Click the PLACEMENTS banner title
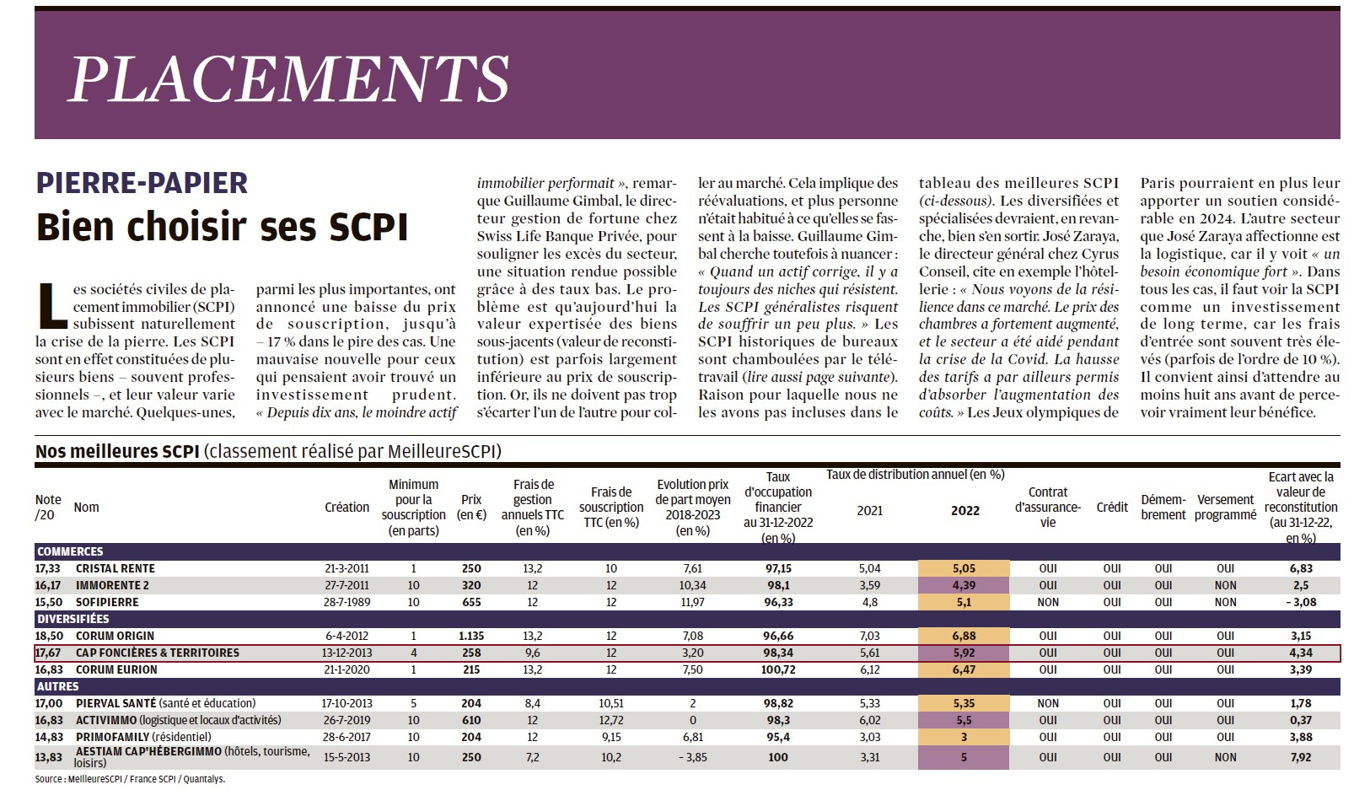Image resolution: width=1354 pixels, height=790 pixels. pyautogui.click(x=289, y=79)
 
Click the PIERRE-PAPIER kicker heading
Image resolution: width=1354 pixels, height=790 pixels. pyautogui.click(x=142, y=183)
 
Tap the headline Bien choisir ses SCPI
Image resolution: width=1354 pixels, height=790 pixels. pyautogui.click(x=223, y=227)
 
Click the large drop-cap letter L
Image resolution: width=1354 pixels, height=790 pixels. pyautogui.click(x=52, y=305)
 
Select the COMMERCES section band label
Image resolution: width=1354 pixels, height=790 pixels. pyautogui.click(x=70, y=551)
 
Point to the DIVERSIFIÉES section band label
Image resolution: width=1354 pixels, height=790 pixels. pyautogui.click(x=73, y=619)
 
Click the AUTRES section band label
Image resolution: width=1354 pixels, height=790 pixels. pyautogui.click(x=58, y=686)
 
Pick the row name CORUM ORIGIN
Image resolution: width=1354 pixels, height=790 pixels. pyautogui.click(x=115, y=636)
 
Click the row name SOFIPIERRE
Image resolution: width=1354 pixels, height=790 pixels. pyautogui.click(x=107, y=602)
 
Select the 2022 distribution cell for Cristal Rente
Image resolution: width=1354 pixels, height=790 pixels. pyautogui.click(x=964, y=568)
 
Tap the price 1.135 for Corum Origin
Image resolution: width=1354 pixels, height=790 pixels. pyautogui.click(x=471, y=636)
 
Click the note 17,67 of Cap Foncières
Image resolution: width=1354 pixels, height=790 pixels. pyautogui.click(x=48, y=653)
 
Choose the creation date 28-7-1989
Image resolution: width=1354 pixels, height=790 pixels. pyautogui.click(x=347, y=602)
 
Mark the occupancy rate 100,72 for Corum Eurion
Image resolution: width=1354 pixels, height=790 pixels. pyautogui.click(x=778, y=669)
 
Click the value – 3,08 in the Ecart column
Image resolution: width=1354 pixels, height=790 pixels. pyautogui.click(x=1301, y=602)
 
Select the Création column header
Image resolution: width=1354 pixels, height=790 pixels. pyautogui.click(x=347, y=507)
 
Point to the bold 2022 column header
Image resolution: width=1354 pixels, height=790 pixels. pyautogui.click(x=964, y=511)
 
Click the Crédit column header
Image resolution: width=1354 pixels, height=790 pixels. pyautogui.click(x=1112, y=507)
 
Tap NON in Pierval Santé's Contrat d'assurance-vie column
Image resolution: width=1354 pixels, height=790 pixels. pyautogui.click(x=1047, y=703)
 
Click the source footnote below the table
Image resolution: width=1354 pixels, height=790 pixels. pyautogui.click(x=130, y=779)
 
